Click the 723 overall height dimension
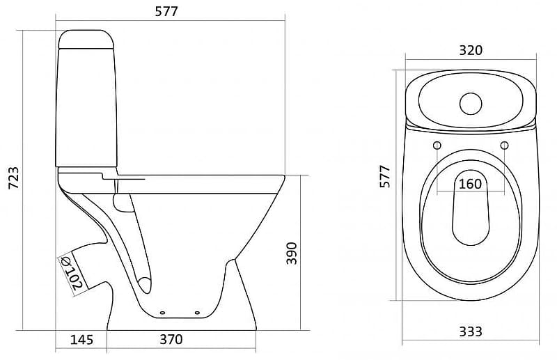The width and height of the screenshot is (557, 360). pyautogui.click(x=13, y=178)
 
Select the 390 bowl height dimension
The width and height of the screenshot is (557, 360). pyautogui.click(x=292, y=253)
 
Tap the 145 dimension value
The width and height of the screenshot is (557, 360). pyautogui.click(x=81, y=340)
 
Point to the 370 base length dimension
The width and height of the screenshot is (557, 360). pyautogui.click(x=171, y=339)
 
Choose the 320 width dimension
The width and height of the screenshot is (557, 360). pyautogui.click(x=471, y=50)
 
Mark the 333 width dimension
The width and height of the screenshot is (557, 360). pyautogui.click(x=471, y=331)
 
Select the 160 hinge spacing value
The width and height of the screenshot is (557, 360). pyautogui.click(x=471, y=184)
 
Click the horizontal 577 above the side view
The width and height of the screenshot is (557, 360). pyautogui.click(x=166, y=12)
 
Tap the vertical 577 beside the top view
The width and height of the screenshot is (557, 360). pyautogui.click(x=385, y=176)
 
